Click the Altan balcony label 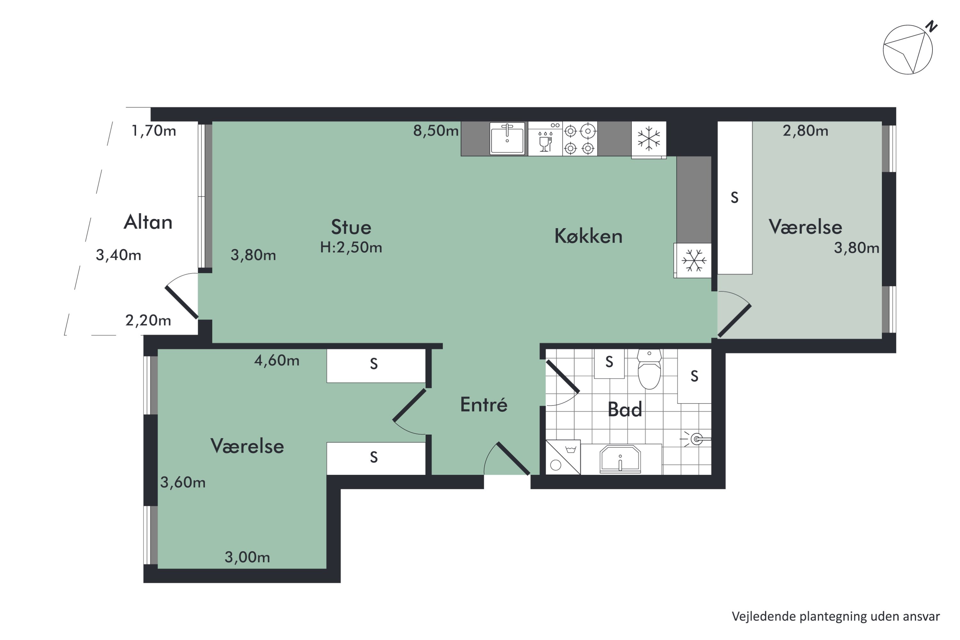[148, 222]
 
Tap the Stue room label [351, 227]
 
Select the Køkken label [588, 236]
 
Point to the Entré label [484, 404]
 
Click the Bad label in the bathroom [625, 409]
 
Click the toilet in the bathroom [649, 369]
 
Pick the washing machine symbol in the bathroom [563, 457]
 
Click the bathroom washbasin [620, 459]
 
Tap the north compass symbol [908, 49]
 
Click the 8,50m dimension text [436, 131]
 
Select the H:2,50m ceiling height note [351, 247]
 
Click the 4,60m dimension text [277, 360]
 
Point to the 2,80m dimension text [805, 131]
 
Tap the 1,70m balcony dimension [154, 131]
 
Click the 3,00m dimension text [247, 557]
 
